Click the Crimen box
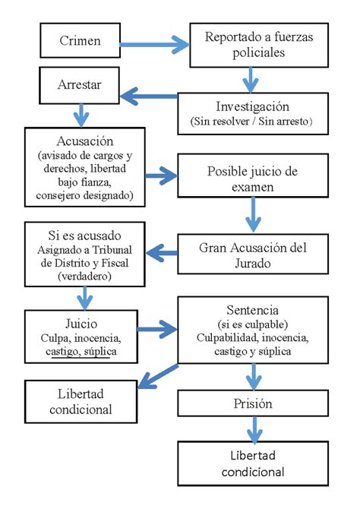pyautogui.click(x=81, y=40)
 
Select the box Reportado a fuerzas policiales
pyautogui.click(x=259, y=45)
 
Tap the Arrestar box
pyautogui.click(x=79, y=85)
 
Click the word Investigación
pyautogui.click(x=253, y=106)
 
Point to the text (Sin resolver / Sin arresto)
pyautogui.click(x=251, y=122)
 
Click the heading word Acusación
pyautogui.click(x=85, y=141)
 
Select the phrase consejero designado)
pyautogui.click(x=85, y=195)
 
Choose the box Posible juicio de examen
pyautogui.click(x=253, y=175)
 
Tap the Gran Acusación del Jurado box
pyautogui.click(x=253, y=254)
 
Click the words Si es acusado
pyautogui.click(x=85, y=236)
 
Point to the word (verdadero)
pyautogui.click(x=85, y=277)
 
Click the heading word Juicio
pyautogui.click(x=81, y=324)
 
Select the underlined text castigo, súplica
pyautogui.click(x=81, y=352)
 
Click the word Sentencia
pyautogui.click(x=253, y=310)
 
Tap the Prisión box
pyautogui.click(x=253, y=403)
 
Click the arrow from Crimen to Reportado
pyautogui.click(x=154, y=45)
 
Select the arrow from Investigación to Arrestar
pyautogui.click(x=149, y=96)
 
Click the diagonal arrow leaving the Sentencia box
pyautogui.click(x=158, y=377)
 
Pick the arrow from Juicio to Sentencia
pyautogui.click(x=157, y=330)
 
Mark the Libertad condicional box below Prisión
pyautogui.click(x=253, y=463)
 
